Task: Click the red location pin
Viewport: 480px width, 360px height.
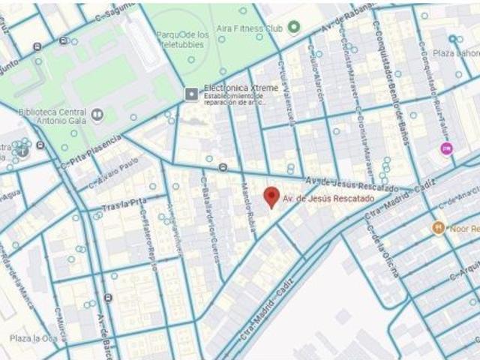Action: tap(272, 197)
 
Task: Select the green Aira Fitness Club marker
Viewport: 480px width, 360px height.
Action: tap(294, 27)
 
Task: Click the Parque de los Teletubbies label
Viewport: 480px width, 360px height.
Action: tap(181, 39)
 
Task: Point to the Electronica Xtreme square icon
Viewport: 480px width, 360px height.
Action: tap(190, 93)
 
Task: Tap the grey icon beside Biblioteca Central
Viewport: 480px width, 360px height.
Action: tap(97, 115)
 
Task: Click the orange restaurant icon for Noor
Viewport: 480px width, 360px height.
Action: tap(438, 227)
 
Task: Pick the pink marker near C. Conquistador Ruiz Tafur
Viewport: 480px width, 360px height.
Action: tap(446, 148)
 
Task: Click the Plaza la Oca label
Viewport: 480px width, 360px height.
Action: tap(33, 338)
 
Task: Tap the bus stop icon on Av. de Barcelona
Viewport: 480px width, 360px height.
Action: tap(109, 298)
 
